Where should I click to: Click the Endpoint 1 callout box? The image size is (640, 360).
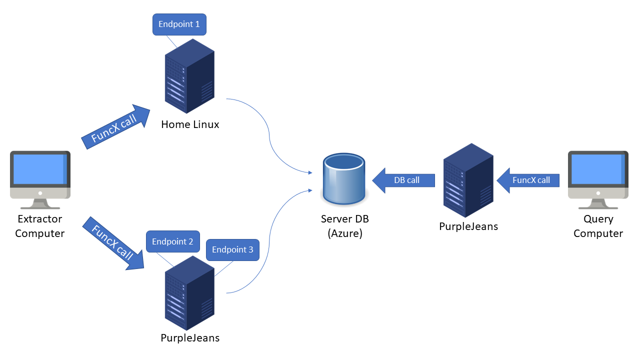pyautogui.click(x=179, y=24)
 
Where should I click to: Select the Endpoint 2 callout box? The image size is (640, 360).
pyautogui.click(x=172, y=241)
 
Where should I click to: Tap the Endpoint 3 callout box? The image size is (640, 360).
pyautogui.click(x=232, y=249)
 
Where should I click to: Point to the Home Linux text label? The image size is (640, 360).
pyautogui.click(x=190, y=124)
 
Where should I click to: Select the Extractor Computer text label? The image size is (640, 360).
pyautogui.click(x=40, y=226)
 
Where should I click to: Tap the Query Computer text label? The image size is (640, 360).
pyautogui.click(x=598, y=226)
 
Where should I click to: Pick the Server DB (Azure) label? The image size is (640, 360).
pyautogui.click(x=344, y=226)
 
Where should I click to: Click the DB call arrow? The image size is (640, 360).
pyautogui.click(x=404, y=180)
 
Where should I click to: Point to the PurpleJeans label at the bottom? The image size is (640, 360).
pyautogui.click(x=190, y=337)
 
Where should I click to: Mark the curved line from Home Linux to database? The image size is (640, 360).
pyautogui.click(x=269, y=135)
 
